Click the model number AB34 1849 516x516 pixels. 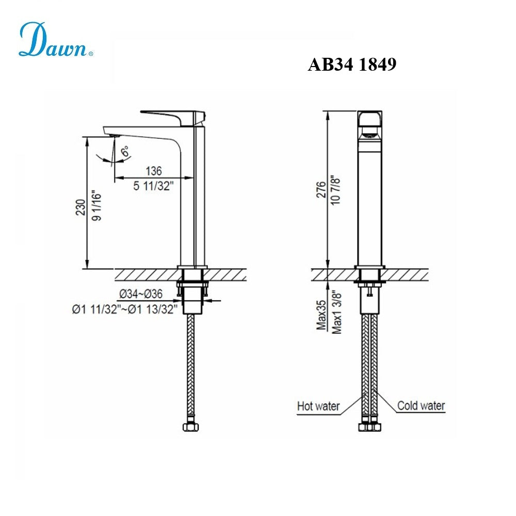(x=352, y=64)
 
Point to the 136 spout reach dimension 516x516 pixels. (x=153, y=171)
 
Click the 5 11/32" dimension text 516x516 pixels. (x=154, y=186)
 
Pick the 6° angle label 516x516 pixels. (x=125, y=152)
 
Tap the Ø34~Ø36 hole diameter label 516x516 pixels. (x=141, y=294)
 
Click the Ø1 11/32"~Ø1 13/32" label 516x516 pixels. (x=125, y=310)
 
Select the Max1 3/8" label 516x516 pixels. (x=338, y=311)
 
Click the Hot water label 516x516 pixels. (x=318, y=407)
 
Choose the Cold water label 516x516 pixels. (x=421, y=406)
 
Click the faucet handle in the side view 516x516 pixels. (x=173, y=116)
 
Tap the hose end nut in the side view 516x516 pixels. (x=192, y=428)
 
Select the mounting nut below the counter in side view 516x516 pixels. (x=192, y=284)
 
